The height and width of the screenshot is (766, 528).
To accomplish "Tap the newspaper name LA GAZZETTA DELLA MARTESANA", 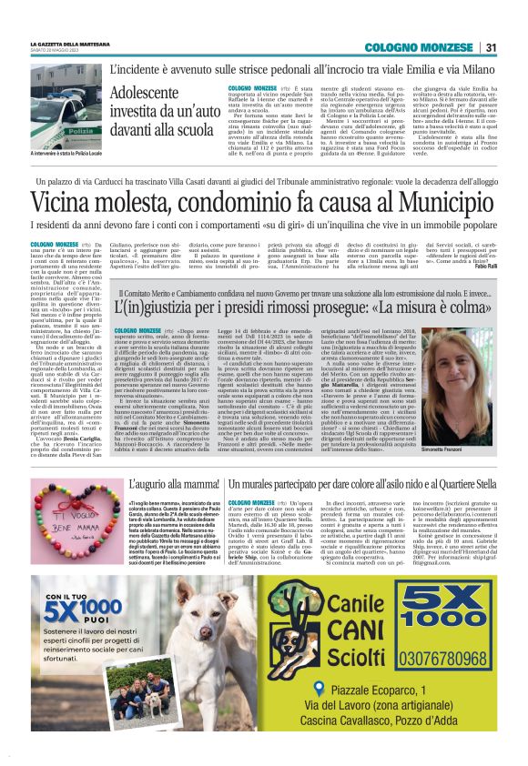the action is tap(72, 43).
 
